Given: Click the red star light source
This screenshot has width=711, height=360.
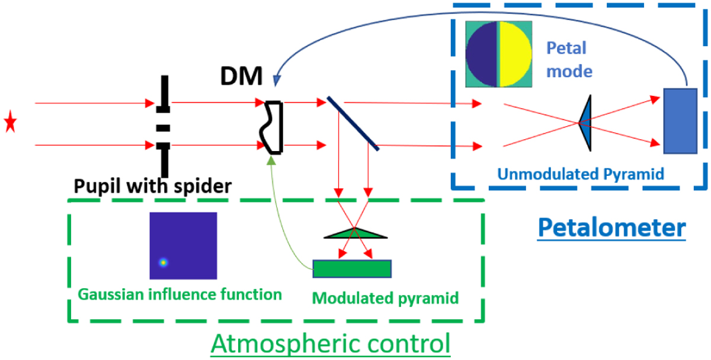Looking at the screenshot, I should pyautogui.click(x=10, y=124).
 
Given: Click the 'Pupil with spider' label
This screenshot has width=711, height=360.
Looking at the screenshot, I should pyautogui.click(x=152, y=187).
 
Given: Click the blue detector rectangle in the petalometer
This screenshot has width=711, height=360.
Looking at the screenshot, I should pyautogui.click(x=679, y=121).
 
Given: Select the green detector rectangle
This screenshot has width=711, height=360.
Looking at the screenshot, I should pyautogui.click(x=352, y=269).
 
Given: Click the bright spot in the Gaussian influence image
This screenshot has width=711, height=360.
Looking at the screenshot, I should pyautogui.click(x=162, y=262).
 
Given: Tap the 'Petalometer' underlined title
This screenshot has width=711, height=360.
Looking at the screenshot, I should pyautogui.click(x=611, y=227).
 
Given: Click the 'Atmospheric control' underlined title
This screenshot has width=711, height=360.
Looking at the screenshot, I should pyautogui.click(x=331, y=343).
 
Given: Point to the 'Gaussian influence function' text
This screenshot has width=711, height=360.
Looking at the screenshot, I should pyautogui.click(x=179, y=294).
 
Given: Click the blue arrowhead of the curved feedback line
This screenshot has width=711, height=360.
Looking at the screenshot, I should pyautogui.click(x=277, y=79).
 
